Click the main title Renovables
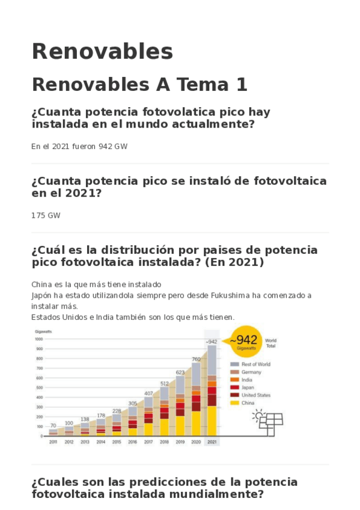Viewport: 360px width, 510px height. point(102,52)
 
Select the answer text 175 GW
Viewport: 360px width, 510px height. point(46,215)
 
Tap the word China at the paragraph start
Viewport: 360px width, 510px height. point(41,284)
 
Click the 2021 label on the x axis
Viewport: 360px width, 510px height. point(212,442)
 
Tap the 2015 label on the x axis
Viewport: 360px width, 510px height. point(117,442)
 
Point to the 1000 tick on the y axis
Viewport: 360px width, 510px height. point(40,339)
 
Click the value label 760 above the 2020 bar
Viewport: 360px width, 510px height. point(196,359)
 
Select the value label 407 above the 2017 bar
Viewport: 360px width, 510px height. point(148,393)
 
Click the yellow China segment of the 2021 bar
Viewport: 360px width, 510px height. point(212,420)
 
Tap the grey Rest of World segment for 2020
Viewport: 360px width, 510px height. point(196,373)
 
